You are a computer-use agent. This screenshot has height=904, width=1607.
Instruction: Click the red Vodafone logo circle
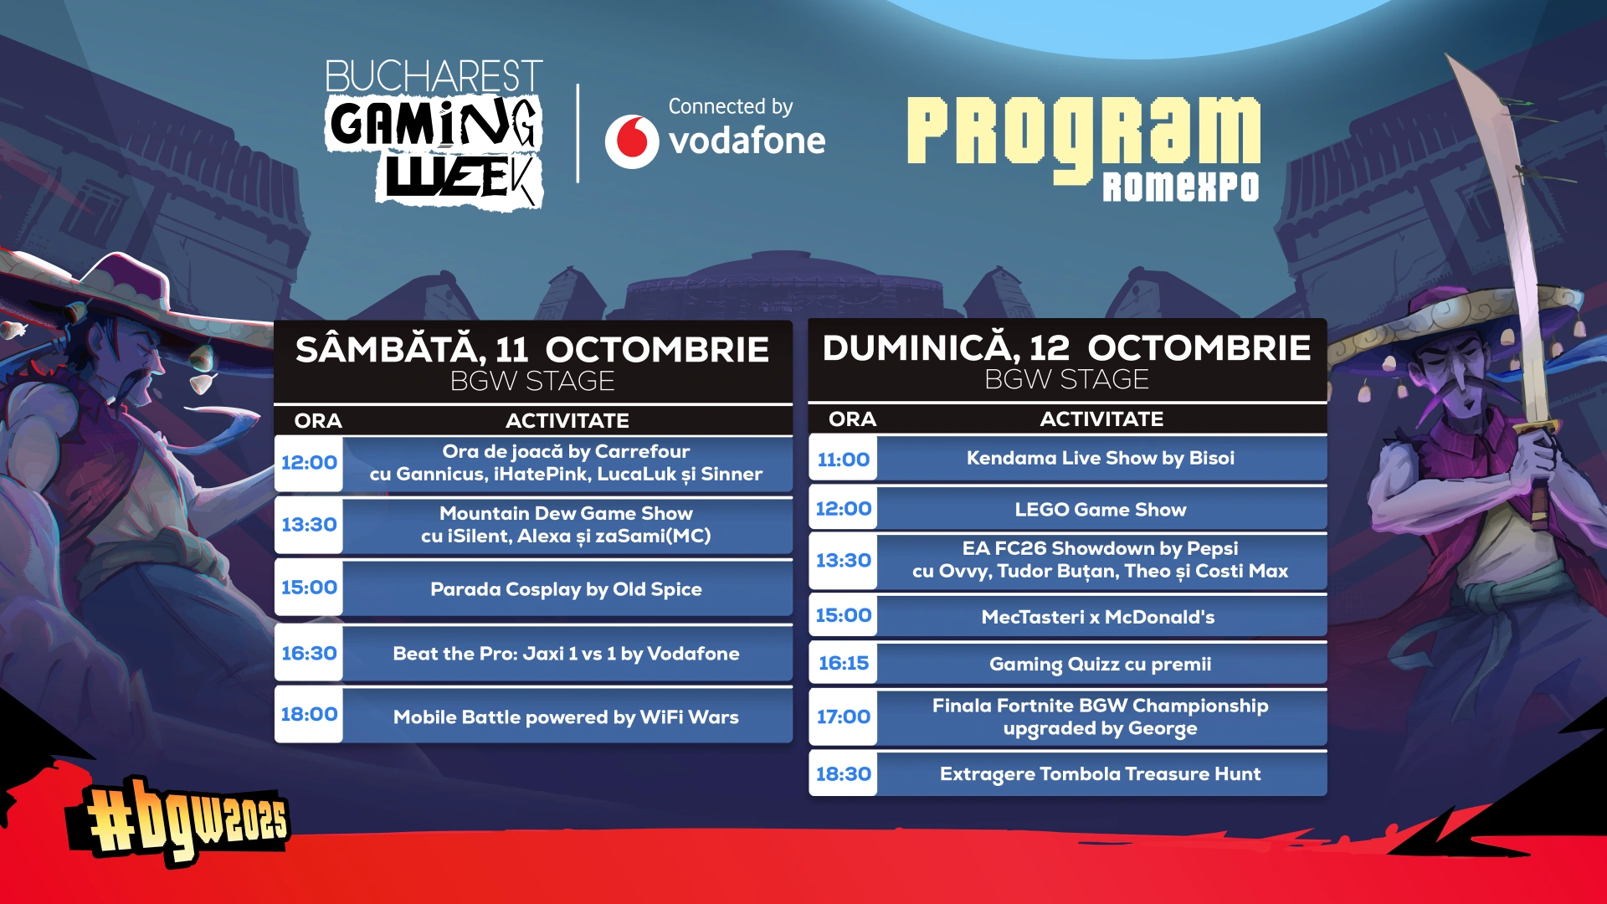click(x=632, y=141)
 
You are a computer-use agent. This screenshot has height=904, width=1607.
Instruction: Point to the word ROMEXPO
click(x=1180, y=187)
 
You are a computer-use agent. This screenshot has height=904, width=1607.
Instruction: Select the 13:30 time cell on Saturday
click(x=309, y=525)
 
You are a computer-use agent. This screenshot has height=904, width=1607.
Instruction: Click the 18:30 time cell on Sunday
click(x=843, y=774)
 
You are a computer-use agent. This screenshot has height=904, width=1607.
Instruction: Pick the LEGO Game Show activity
click(x=1101, y=510)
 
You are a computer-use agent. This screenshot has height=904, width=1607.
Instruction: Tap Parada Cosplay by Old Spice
click(x=566, y=589)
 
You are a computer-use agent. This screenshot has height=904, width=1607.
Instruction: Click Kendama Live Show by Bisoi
click(x=1101, y=458)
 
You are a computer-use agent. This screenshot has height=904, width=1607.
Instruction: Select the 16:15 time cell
click(x=843, y=663)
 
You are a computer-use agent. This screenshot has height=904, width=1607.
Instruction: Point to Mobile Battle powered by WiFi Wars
click(x=566, y=717)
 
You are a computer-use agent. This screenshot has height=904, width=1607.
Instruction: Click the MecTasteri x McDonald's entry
click(x=1098, y=617)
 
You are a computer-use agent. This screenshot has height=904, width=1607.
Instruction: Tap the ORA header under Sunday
click(x=852, y=419)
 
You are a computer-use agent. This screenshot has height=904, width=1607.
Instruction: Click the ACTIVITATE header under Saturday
click(x=567, y=421)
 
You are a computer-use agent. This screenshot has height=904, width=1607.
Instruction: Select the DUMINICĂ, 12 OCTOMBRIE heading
click(x=1066, y=348)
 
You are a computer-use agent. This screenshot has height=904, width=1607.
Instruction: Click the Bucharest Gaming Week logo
click(x=434, y=134)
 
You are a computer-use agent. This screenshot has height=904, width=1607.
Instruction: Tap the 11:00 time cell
click(x=843, y=459)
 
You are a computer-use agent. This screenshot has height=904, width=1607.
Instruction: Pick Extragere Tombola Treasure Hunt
click(x=1100, y=774)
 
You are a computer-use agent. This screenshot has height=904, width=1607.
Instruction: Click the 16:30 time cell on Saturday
click(x=309, y=653)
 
